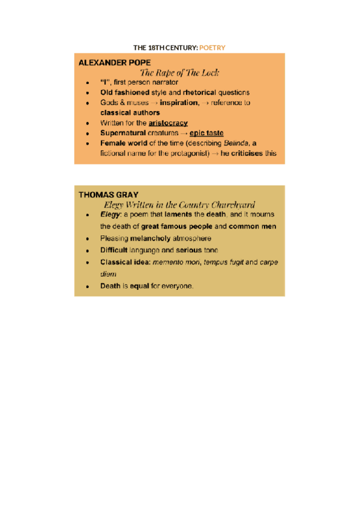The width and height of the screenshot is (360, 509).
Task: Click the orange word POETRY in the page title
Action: click(x=212, y=47)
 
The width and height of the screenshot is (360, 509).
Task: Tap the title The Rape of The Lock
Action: click(x=179, y=73)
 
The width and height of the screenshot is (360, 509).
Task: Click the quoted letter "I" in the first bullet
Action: click(x=104, y=82)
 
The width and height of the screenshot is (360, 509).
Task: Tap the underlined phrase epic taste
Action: click(x=206, y=133)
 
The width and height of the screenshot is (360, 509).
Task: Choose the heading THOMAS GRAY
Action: click(x=108, y=194)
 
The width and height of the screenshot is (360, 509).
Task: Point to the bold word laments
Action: click(x=175, y=215)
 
